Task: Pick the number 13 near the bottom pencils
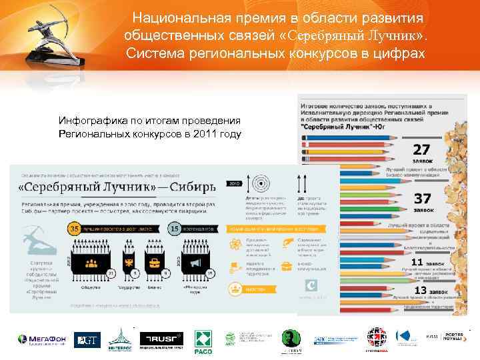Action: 421,290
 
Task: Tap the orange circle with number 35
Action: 75,229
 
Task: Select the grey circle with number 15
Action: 175,229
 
